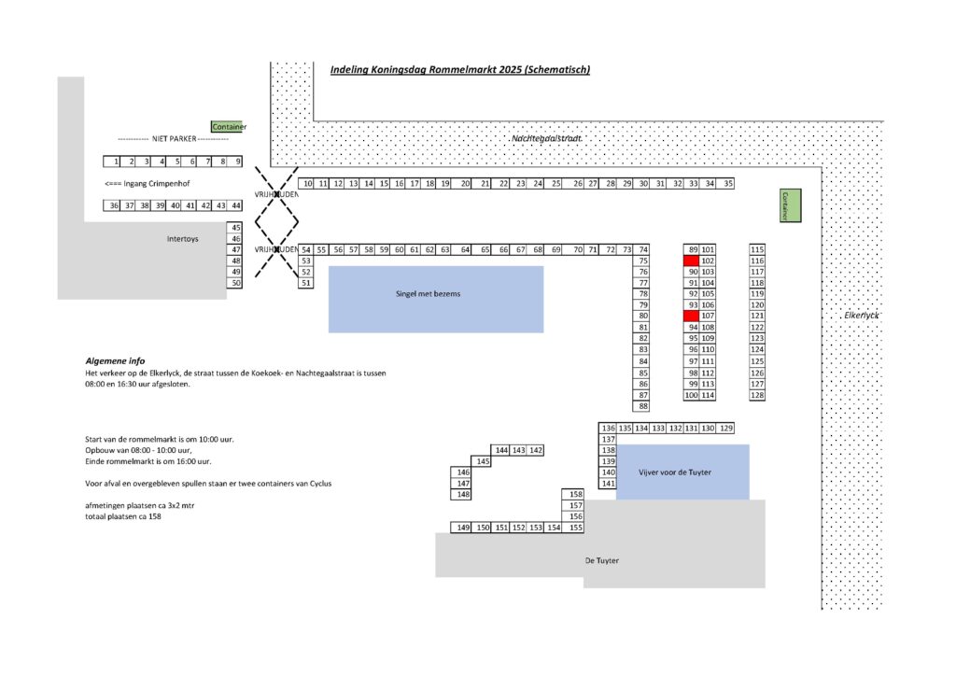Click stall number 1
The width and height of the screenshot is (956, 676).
coord(117,162)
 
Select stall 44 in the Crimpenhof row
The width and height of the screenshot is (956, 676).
coord(236,205)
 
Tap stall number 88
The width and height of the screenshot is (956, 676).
coord(642,406)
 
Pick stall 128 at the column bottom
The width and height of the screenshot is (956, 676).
coord(757,395)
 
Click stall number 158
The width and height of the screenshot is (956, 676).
coord(575,494)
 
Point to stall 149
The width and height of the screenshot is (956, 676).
coord(461,528)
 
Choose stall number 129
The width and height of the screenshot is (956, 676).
coord(727,428)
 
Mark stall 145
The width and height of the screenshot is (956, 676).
coord(483,461)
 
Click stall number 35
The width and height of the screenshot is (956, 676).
coord(728,184)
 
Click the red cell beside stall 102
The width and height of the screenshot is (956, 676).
coord(691,261)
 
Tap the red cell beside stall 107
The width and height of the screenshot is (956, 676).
coord(691,316)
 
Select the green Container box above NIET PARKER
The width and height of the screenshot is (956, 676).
coord(229,127)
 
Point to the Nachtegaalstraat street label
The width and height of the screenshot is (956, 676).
coord(546,138)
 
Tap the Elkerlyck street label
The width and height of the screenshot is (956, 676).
coord(862,316)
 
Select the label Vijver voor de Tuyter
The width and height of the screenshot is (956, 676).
coord(674,472)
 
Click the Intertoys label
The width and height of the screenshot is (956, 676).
coord(182,239)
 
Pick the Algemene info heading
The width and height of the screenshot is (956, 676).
coord(115,360)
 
